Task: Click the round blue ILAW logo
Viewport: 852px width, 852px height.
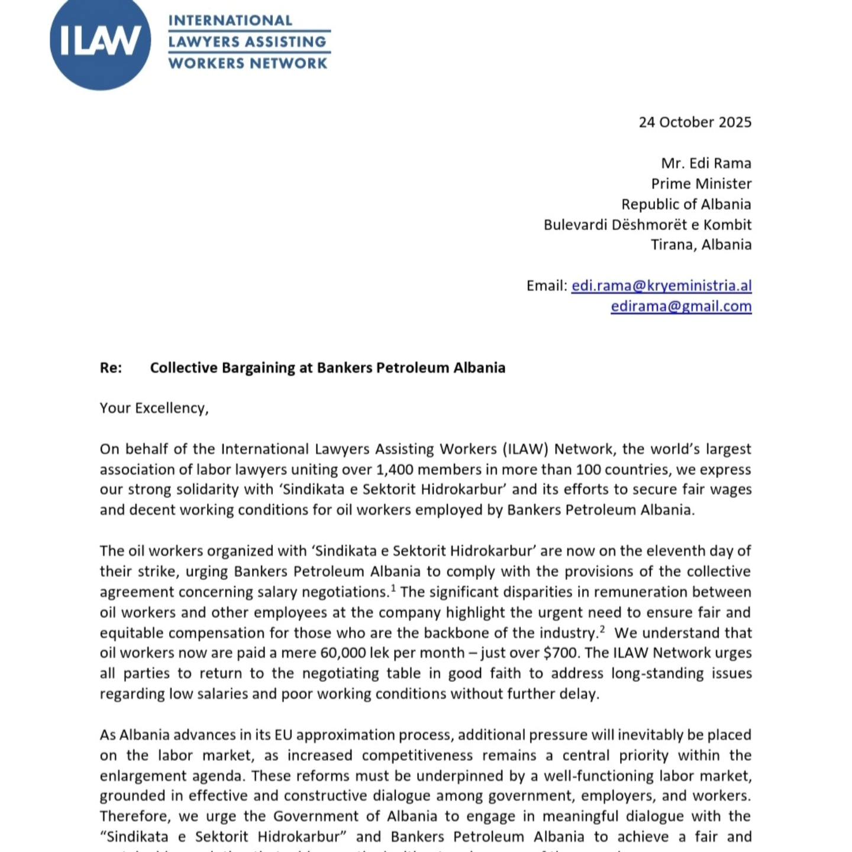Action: (x=100, y=41)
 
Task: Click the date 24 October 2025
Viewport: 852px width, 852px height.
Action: (x=695, y=122)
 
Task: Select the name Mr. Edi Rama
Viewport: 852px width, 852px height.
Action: (x=706, y=163)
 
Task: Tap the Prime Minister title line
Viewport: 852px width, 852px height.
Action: (x=701, y=184)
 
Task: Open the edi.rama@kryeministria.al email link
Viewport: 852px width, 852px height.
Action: (x=661, y=286)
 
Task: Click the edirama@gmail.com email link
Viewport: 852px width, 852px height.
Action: (x=681, y=306)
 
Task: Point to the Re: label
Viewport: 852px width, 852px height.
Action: (x=111, y=368)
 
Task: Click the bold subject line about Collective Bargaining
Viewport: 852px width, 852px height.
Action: (x=327, y=368)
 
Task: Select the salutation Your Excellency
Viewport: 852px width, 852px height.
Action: (x=154, y=408)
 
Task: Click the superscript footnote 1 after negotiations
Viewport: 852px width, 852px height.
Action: (x=393, y=588)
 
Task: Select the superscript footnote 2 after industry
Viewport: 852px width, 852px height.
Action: (x=602, y=629)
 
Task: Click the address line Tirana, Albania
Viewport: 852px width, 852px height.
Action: (x=701, y=245)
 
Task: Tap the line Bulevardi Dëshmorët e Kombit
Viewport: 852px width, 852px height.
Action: (x=647, y=225)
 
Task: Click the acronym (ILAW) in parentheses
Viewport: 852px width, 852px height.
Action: (x=526, y=450)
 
